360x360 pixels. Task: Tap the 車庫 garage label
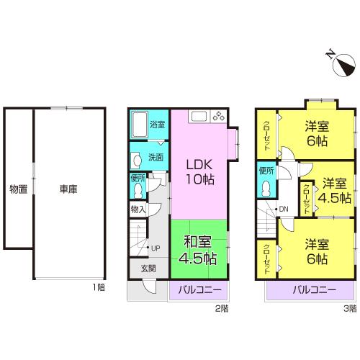click(68, 189)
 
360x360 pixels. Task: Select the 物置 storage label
click(18, 189)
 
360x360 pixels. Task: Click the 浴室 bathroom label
click(157, 125)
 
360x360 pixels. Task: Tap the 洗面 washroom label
click(156, 157)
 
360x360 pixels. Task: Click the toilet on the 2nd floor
click(138, 189)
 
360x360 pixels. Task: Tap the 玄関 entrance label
click(138, 269)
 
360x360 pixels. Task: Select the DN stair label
click(284, 210)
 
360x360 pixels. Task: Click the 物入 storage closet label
click(138, 210)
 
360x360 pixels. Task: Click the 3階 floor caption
click(348, 308)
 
